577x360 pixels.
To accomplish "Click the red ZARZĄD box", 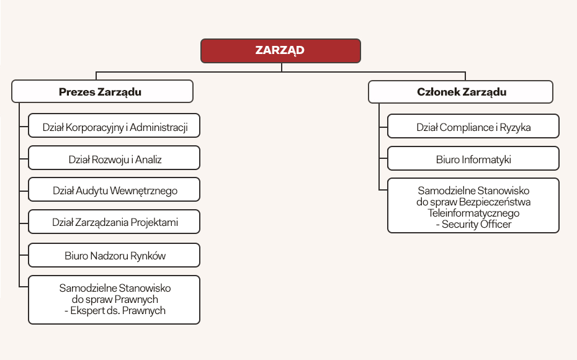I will (x=280, y=51).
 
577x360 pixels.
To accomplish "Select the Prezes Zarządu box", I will (x=102, y=92).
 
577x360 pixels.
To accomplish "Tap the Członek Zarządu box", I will (x=460, y=92).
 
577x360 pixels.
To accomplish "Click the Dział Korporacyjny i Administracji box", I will (x=115, y=128).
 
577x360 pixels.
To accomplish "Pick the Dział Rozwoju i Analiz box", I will (x=115, y=160).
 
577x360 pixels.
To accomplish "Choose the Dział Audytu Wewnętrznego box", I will (x=115, y=191).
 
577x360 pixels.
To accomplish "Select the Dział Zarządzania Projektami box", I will (x=115, y=222).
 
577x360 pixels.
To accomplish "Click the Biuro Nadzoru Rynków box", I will (x=115, y=255).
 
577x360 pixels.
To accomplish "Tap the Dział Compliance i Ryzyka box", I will (x=473, y=128).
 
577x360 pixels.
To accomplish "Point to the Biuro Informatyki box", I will (x=473, y=160).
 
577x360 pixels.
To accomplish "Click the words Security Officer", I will (x=476, y=224).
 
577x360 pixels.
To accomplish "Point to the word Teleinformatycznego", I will (x=473, y=213).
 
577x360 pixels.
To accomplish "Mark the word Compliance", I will (x=466, y=128).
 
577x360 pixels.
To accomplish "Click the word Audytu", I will (x=91, y=191).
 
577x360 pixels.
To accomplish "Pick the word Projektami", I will (x=155, y=222).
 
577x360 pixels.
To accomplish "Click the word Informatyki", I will (x=486, y=160).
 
